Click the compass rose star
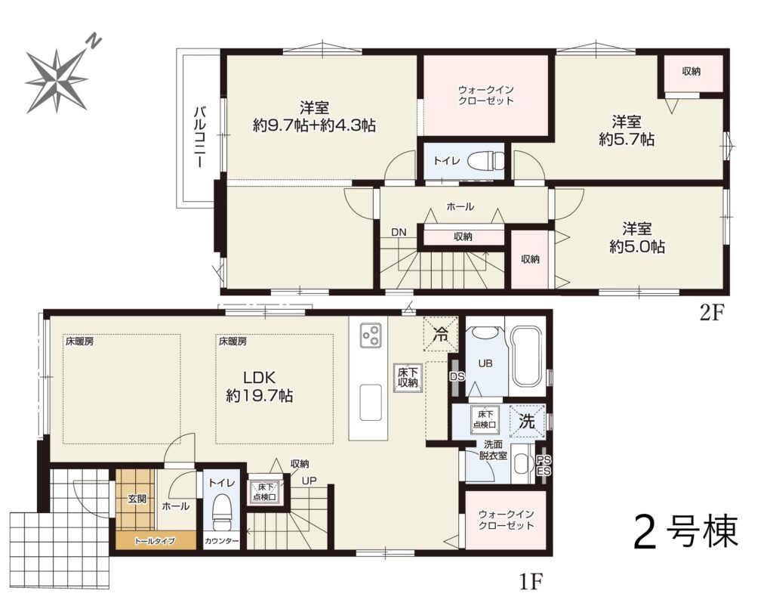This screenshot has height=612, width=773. coord(56,80)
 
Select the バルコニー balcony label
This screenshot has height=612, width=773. coord(199,136)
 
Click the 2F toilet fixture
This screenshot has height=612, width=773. coord(485,160)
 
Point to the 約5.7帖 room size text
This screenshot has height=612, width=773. coord(627,139)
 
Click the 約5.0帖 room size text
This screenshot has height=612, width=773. coord(637,246)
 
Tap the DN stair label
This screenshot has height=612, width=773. coord(399,232)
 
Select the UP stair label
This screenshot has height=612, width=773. coord(310,481)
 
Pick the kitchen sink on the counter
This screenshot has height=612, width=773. coord(371,402)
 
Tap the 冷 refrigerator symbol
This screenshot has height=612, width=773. coord(440,334)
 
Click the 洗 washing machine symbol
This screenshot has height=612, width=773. coord(527,421)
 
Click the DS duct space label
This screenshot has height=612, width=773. coord(457,376)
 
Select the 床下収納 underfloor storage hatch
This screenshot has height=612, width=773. coord(408,378)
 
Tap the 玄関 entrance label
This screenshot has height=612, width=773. coord(137,499)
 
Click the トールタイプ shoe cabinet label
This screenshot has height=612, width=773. coord(155,541)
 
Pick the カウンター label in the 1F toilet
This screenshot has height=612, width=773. coord(221,541)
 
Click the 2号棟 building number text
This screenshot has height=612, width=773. coord(685,532)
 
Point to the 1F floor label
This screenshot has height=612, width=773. coord(531,583)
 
